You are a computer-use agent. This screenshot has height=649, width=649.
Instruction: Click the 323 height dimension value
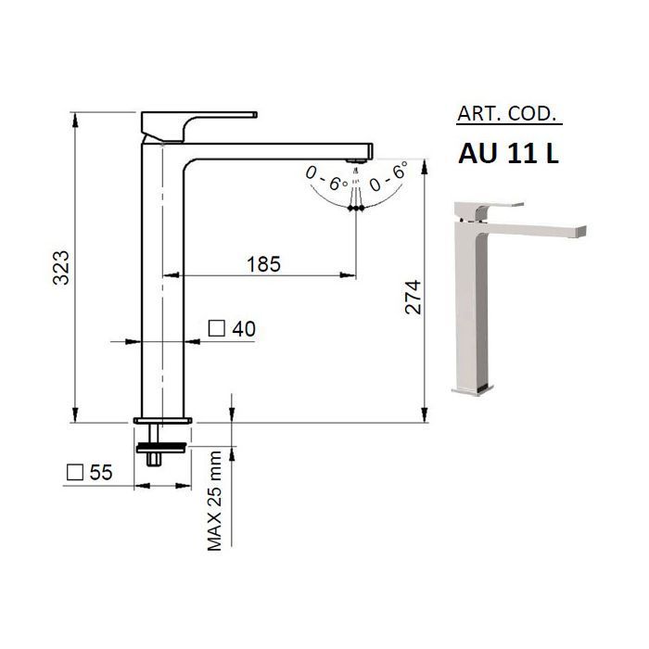[x=62, y=267]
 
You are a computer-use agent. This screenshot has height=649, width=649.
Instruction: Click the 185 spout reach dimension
[x=263, y=264]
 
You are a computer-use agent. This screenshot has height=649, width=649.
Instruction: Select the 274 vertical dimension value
[x=413, y=298]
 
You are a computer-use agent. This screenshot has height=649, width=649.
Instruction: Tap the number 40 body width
[x=244, y=329]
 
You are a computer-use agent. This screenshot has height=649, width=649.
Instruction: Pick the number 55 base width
[x=101, y=472]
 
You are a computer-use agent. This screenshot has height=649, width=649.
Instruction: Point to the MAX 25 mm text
[x=215, y=501]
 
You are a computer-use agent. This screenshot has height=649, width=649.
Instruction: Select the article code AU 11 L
[x=509, y=154]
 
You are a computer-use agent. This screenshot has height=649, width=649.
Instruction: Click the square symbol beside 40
[x=216, y=328]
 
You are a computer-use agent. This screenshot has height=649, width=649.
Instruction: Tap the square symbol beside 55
[x=75, y=471]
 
